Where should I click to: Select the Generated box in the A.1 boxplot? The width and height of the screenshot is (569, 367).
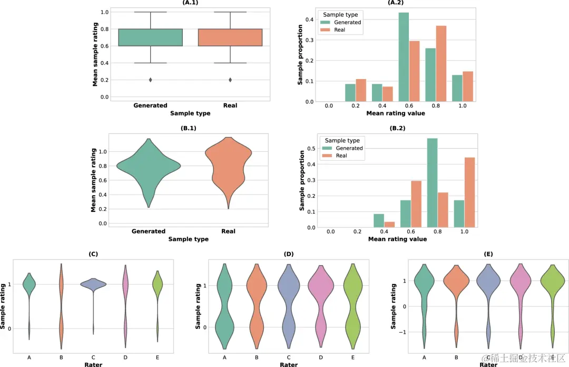pos(150,37)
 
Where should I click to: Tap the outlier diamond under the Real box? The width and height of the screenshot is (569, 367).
pos(231,80)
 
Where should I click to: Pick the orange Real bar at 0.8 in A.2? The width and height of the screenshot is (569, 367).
pos(441,64)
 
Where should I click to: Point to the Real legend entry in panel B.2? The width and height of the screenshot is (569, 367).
pos(341,156)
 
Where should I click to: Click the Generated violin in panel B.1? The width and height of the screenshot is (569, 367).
pos(149,167)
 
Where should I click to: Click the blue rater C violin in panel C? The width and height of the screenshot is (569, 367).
pos(93,284)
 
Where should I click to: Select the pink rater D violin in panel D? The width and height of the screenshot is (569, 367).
pos(321,303)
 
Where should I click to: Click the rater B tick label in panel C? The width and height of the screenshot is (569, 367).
pos(61,358)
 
